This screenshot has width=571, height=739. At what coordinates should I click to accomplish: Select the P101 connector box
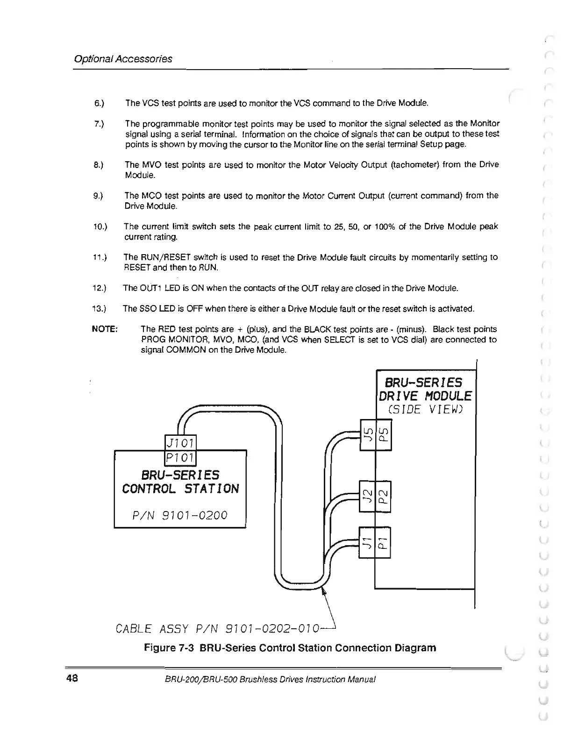click(181, 458)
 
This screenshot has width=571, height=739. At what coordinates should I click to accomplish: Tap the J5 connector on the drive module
click(368, 435)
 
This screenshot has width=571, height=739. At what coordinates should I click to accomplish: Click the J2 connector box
click(367, 496)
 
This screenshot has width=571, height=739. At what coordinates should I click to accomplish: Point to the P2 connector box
click(383, 496)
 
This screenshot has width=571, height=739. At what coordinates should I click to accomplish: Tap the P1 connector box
click(383, 542)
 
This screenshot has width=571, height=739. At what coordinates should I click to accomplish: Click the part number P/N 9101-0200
click(180, 515)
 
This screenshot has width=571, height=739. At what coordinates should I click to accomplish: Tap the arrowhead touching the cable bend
click(324, 592)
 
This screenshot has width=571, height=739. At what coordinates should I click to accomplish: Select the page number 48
click(72, 678)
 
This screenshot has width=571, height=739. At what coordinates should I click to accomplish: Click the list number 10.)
click(100, 227)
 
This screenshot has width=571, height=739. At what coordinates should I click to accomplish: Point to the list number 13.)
click(100, 309)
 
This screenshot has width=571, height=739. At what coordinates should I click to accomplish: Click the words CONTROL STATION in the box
click(180, 489)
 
